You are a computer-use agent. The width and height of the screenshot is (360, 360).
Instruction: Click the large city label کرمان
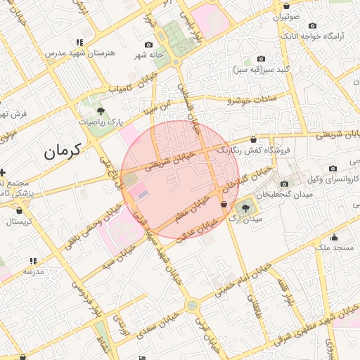(63, 150)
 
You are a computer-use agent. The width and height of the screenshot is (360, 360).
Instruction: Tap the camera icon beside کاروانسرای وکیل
(333, 168)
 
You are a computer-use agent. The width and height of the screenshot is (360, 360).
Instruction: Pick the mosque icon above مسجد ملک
(334, 237)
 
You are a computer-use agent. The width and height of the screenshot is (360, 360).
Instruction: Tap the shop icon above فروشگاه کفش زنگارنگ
(253, 139)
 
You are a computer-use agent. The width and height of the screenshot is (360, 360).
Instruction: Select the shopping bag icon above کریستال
(19, 210)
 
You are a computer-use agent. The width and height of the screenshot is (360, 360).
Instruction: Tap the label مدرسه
(34, 271)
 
